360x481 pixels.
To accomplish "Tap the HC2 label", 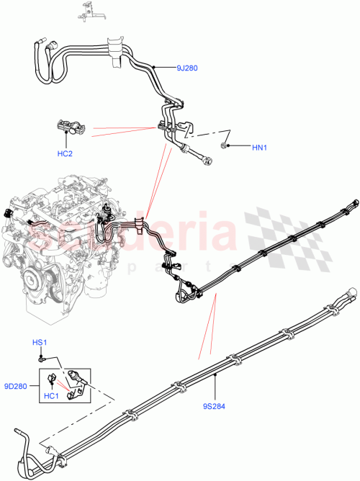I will coord(66,153).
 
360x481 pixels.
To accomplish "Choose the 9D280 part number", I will coord(17,386).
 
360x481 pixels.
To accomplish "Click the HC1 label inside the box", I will coord(52,395).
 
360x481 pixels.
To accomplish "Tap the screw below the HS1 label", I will coord(42,356).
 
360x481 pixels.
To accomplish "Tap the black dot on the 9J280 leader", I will coord(154,68).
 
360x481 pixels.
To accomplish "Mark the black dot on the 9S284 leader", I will coord(215,374).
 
